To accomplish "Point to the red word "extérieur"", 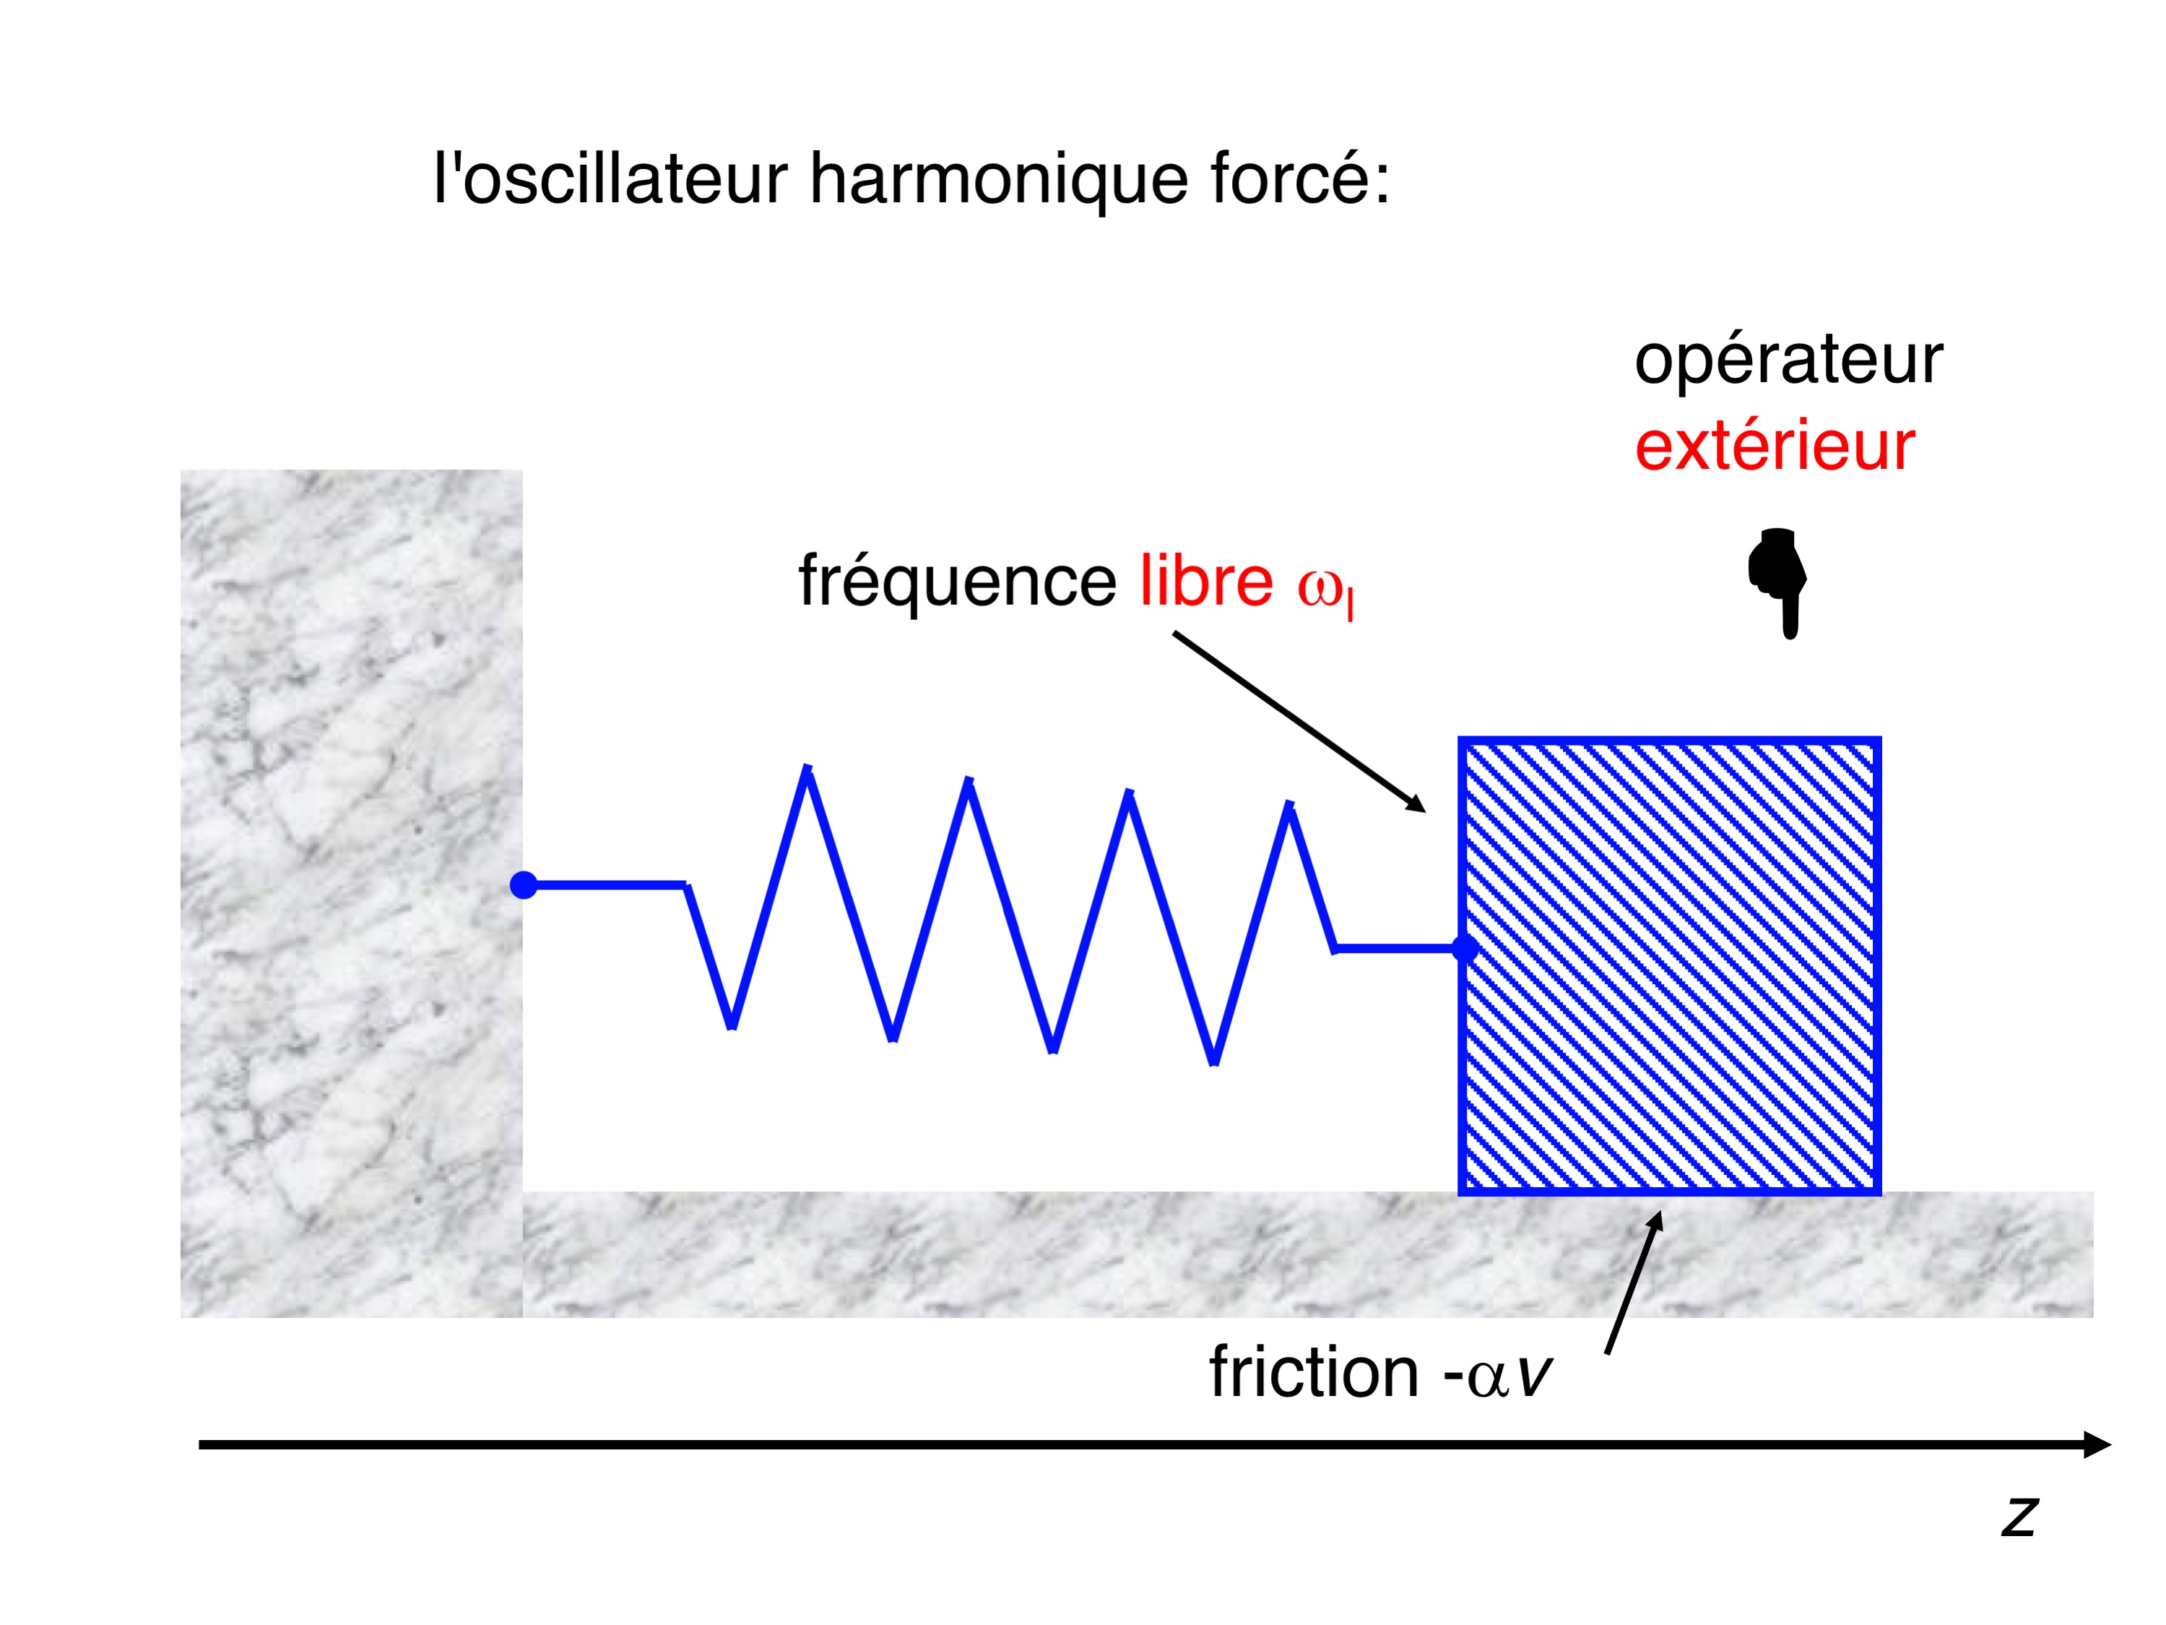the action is tap(1775, 447).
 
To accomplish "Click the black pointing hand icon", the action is tap(1777, 583).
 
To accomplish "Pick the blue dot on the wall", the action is tap(524, 885).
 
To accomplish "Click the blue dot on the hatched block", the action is tap(1465, 948).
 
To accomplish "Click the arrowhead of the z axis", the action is tap(2095, 1445).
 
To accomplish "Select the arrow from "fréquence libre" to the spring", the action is tap(1299, 722).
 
